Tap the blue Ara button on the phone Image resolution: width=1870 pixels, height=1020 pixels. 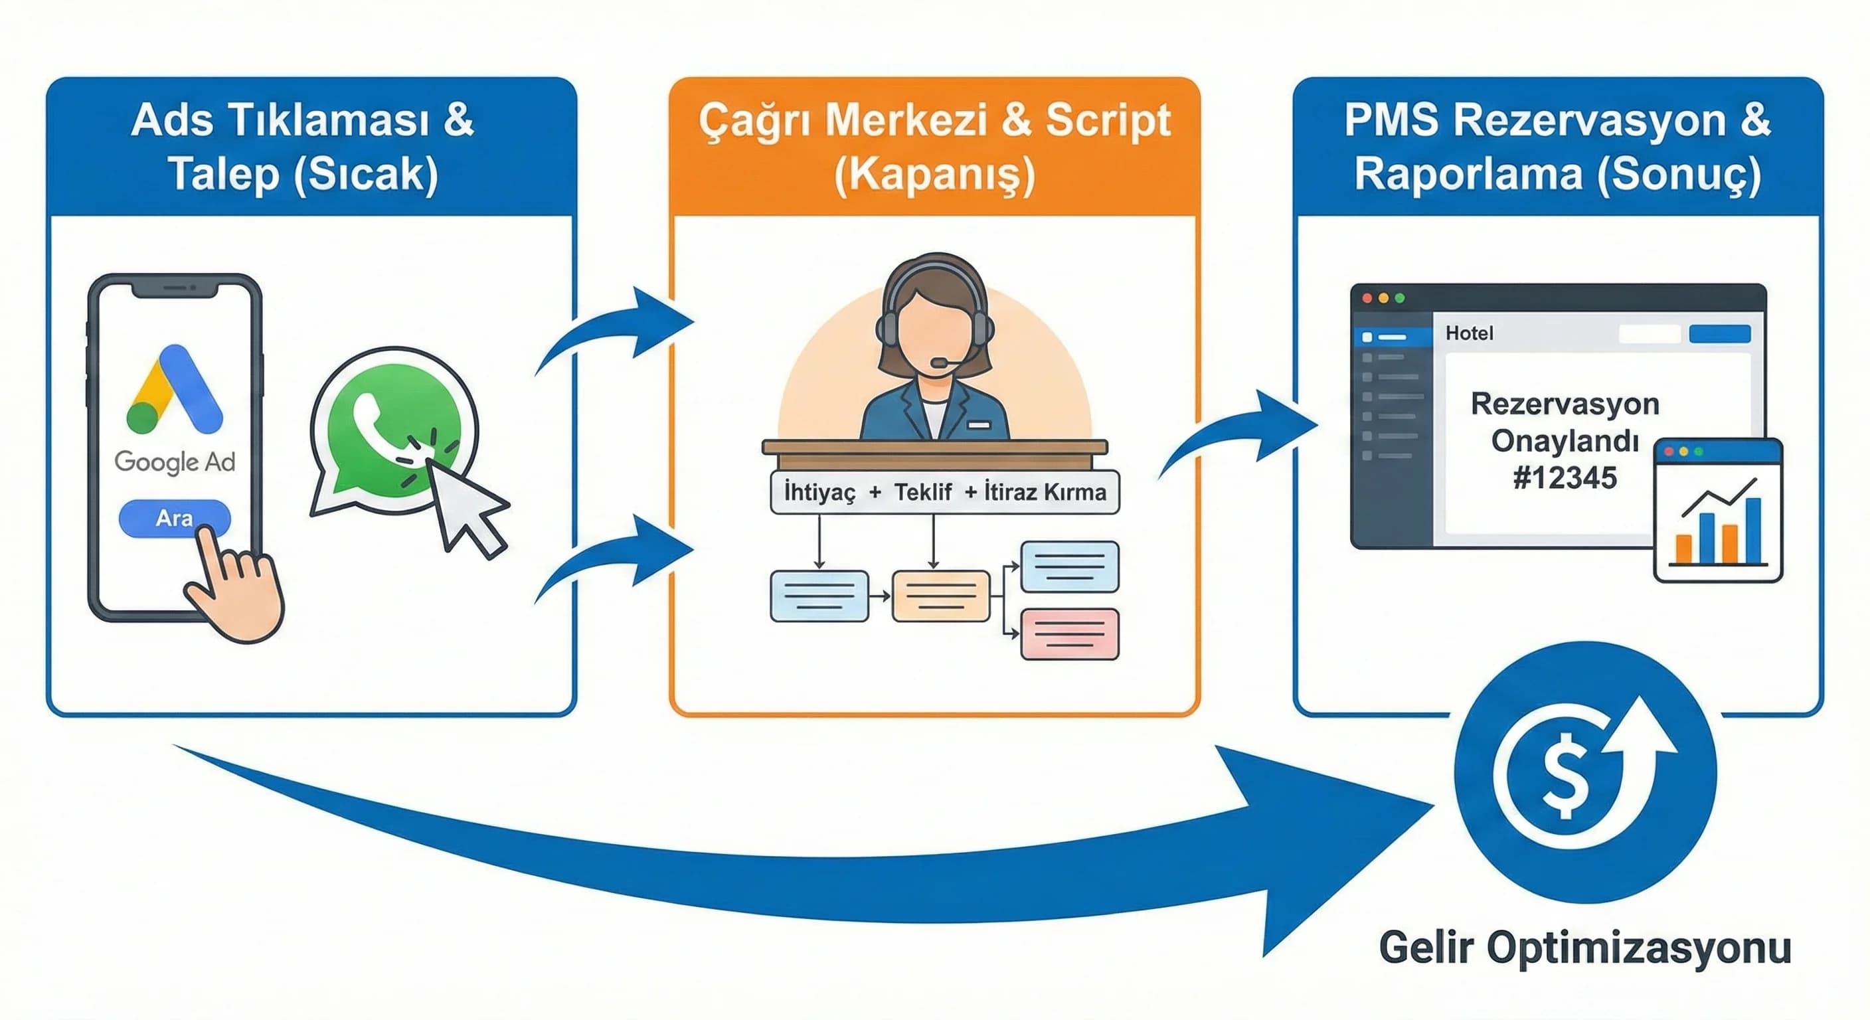coord(174,519)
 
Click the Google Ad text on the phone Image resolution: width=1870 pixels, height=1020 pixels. coord(175,462)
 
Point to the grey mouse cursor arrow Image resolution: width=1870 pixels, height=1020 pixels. coord(465,508)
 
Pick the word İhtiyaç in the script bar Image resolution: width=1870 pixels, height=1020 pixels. coord(819,492)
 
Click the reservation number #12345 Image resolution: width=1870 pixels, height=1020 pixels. coord(1565,477)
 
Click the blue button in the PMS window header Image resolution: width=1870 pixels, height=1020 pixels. coord(1720,334)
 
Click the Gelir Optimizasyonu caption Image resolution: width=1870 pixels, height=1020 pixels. coord(1584,948)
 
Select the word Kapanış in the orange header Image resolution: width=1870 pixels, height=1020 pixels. coord(934,175)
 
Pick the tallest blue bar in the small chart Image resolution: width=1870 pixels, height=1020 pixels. coord(1753,530)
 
